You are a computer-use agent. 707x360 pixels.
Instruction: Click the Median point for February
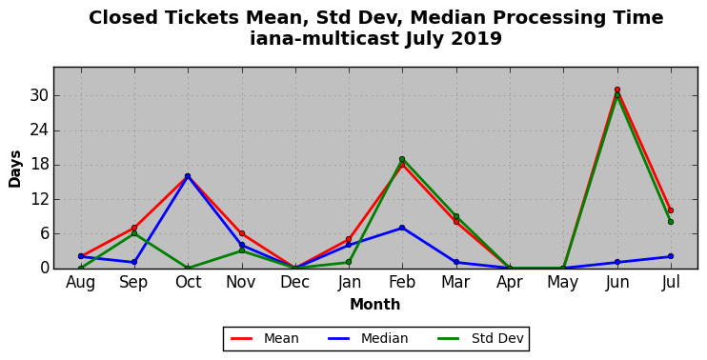[402, 228]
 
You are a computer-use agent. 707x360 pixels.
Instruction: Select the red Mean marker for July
[671, 210]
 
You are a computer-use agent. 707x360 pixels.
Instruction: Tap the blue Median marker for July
[671, 256]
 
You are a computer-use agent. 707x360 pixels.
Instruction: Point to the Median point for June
[617, 262]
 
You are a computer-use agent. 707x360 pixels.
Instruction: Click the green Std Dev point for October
[188, 269]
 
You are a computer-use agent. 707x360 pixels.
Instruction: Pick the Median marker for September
[134, 262]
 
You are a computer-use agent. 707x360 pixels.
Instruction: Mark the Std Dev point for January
[349, 262]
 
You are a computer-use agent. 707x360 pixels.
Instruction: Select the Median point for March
[456, 262]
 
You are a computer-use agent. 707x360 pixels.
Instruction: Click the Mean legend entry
[265, 338]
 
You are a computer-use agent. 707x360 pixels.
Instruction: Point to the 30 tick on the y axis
[38, 96]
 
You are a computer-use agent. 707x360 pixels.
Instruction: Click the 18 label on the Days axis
[38, 165]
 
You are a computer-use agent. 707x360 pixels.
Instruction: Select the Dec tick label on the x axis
[294, 282]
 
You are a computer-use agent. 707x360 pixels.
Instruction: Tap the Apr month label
[510, 283]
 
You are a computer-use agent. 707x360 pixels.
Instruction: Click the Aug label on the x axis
[81, 283]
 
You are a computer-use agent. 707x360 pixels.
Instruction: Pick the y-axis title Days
[15, 169]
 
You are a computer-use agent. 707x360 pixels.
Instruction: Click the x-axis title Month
[375, 305]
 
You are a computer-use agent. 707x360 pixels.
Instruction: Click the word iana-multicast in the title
[325, 38]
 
